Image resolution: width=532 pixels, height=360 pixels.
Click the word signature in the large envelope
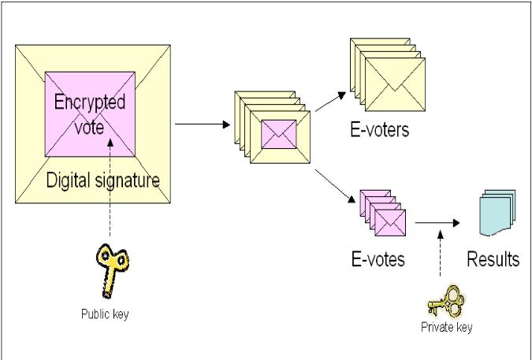pos(131,181)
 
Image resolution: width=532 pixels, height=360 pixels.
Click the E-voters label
pos(380,130)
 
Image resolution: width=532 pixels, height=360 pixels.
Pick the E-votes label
pos(378,258)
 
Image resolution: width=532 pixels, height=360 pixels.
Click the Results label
pos(493,259)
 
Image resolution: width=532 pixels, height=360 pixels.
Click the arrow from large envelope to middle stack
pos(202,124)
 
